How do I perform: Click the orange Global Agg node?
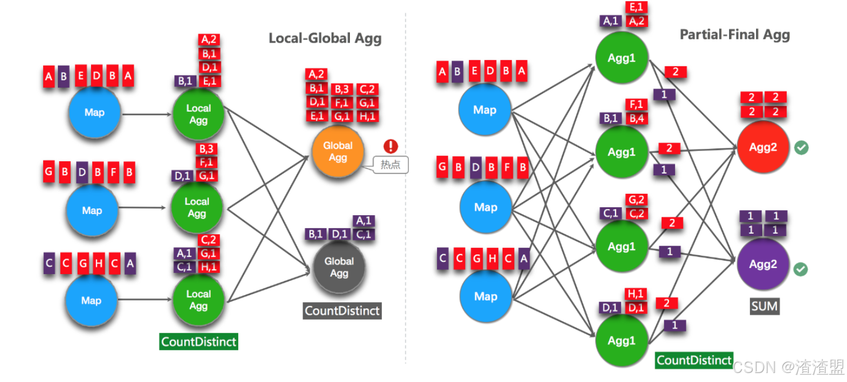click(338, 151)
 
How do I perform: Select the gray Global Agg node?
click(339, 267)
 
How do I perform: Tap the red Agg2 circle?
click(763, 147)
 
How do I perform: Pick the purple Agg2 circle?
click(763, 264)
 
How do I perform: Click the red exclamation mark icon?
click(390, 146)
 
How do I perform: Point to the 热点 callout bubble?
click(390, 165)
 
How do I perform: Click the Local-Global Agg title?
click(325, 38)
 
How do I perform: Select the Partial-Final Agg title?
click(735, 34)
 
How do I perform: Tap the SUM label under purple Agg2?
click(764, 306)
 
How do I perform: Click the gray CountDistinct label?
click(342, 311)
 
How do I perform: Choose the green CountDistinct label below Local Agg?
click(198, 342)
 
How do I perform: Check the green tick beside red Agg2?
click(802, 148)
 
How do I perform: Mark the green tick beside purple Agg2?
click(800, 269)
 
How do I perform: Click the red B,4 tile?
click(637, 119)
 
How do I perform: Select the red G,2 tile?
click(636, 199)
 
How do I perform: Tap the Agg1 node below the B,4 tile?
click(622, 152)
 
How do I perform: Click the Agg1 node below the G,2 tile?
click(622, 246)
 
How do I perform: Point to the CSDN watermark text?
click(789, 366)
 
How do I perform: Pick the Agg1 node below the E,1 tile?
click(622, 57)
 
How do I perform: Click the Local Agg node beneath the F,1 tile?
click(197, 207)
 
